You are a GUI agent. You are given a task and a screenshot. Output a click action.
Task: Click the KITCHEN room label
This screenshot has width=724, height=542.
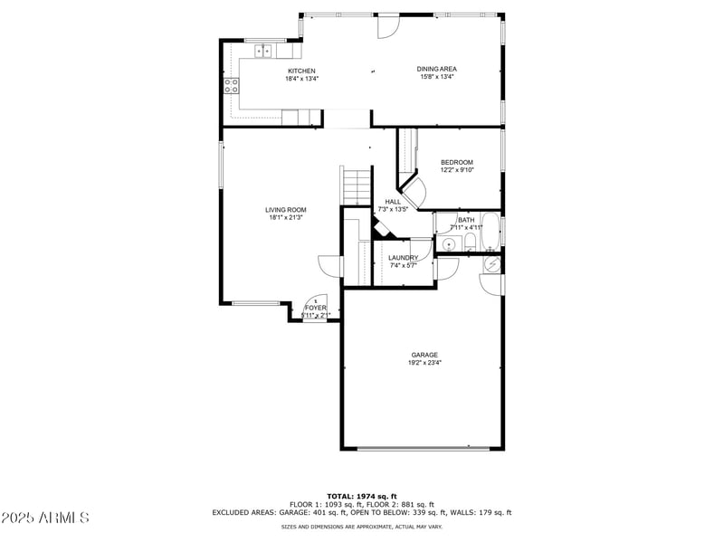click(x=301, y=71)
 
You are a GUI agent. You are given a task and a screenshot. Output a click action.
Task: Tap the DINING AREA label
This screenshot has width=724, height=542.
click(x=436, y=69)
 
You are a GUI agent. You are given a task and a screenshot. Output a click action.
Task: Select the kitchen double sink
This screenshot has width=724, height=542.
click(x=263, y=51)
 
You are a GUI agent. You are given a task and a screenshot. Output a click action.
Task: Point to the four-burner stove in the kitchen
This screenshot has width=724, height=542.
click(x=232, y=87)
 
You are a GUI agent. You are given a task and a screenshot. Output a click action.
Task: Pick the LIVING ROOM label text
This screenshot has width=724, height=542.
click(x=285, y=210)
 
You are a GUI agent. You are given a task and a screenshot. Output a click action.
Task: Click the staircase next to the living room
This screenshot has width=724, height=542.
click(x=357, y=186)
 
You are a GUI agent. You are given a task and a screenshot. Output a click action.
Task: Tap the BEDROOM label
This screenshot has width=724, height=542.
click(x=457, y=163)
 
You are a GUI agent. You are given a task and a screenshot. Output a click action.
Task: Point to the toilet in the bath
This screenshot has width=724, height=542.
click(x=470, y=242)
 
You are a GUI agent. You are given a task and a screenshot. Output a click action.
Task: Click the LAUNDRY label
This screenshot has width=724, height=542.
click(x=403, y=258)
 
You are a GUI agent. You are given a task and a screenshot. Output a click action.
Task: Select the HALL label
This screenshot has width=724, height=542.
click(x=393, y=202)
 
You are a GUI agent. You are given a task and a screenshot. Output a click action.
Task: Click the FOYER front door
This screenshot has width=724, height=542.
click(x=314, y=303)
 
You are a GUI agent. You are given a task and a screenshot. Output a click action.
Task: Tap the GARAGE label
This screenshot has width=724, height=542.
click(x=424, y=355)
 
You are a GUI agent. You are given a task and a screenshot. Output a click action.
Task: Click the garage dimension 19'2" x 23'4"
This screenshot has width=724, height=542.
click(x=424, y=363)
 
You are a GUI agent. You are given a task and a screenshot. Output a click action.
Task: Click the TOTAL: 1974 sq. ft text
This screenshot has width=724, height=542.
click(x=362, y=496)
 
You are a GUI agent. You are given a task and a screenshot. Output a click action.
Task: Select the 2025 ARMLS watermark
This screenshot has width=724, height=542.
click(x=45, y=518)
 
